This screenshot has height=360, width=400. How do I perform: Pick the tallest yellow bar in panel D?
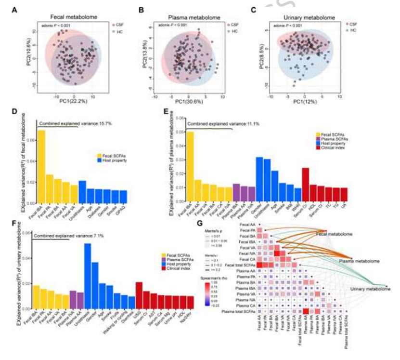pos(41,167)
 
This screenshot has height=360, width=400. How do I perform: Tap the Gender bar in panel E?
pos(259,179)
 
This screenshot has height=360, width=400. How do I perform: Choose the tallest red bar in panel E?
pos(305,185)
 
